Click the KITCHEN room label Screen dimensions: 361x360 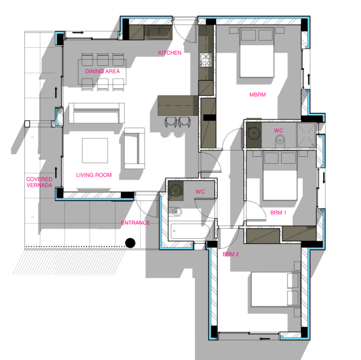tap(170, 53)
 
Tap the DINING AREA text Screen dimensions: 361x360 tap(102, 71)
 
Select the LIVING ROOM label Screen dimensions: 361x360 tap(94, 175)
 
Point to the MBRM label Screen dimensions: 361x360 tap(258, 95)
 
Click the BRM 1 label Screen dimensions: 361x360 tap(278, 213)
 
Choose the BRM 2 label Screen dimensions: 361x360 tap(231, 254)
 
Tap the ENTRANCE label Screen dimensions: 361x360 tap(135, 223)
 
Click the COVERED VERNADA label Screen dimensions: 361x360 tap(39, 182)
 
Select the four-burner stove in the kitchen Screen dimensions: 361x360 tap(206, 60)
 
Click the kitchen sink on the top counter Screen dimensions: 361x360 tap(160, 32)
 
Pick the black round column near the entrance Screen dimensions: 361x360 tap(130, 243)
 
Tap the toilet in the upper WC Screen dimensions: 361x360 tap(280, 140)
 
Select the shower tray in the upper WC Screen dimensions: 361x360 tap(306, 135)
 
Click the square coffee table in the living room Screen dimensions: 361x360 tap(95, 150)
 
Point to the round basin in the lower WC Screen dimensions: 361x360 tap(175, 190)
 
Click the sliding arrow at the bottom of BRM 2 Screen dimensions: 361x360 tap(265, 338)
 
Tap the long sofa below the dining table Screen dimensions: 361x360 tap(97, 113)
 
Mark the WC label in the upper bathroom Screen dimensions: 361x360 tap(278, 131)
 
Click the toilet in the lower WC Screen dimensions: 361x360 tap(175, 212)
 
